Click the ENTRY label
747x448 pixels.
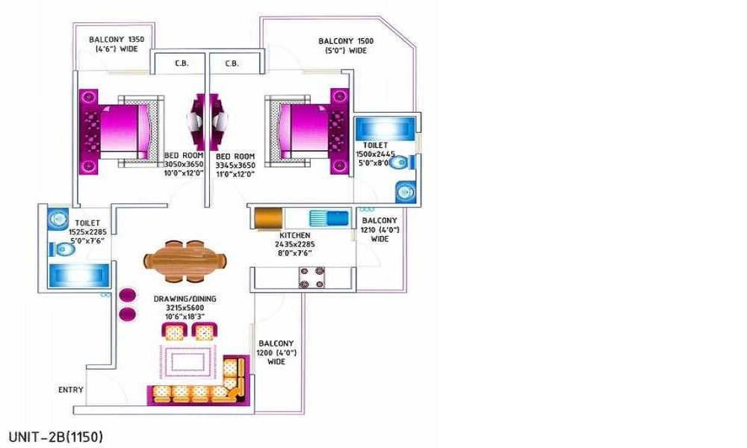(70, 390)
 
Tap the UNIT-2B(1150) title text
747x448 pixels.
(56, 437)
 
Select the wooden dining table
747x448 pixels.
(185, 261)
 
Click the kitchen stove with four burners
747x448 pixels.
(311, 278)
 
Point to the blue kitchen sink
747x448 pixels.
(329, 219)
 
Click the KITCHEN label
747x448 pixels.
(295, 236)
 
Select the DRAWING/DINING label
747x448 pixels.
(185, 299)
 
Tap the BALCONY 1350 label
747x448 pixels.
(117, 40)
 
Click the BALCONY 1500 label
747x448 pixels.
(346, 41)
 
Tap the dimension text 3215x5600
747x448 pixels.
(185, 308)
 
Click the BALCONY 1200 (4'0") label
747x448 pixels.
(276, 352)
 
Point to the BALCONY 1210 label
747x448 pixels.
(379, 221)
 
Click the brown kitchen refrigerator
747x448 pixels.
(269, 218)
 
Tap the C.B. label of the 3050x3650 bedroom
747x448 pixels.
(182, 63)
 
